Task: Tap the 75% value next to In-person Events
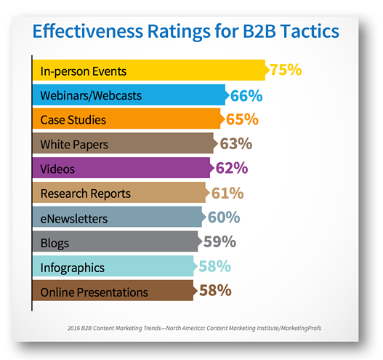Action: click(285, 71)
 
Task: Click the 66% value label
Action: click(246, 95)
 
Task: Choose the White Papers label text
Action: click(74, 145)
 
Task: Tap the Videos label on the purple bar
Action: click(58, 169)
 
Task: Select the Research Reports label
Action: click(86, 194)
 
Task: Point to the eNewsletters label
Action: click(74, 218)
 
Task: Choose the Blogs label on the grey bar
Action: click(55, 243)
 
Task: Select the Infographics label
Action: click(73, 268)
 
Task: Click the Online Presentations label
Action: click(94, 292)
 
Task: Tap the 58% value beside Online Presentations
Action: click(214, 292)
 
